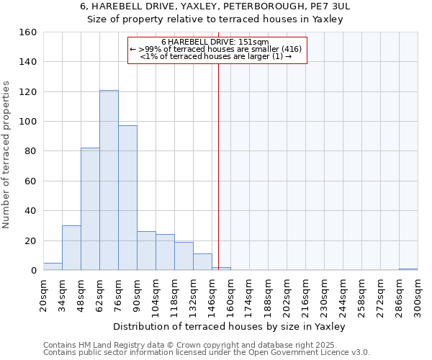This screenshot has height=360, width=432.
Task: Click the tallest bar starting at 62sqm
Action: [109, 180]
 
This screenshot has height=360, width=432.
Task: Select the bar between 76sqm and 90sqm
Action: [127, 198]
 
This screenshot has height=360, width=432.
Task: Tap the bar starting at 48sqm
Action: [90, 209]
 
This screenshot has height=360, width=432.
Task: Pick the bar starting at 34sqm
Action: [71, 248]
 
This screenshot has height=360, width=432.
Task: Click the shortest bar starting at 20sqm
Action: [53, 266]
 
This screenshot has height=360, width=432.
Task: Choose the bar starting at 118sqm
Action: [184, 256]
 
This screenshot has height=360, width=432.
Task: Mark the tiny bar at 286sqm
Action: [408, 269]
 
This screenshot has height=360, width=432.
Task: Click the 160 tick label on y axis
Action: [28, 32]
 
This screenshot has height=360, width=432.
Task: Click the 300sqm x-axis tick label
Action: [418, 296]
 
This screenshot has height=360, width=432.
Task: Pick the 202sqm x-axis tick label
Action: [287, 296]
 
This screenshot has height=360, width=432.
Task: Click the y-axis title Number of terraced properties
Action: [7, 151]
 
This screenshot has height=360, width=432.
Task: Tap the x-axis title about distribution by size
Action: [230, 327]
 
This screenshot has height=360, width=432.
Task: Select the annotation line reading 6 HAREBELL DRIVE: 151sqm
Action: [215, 42]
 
